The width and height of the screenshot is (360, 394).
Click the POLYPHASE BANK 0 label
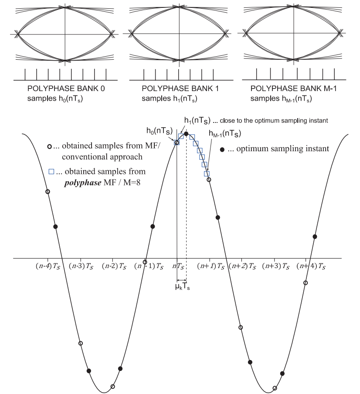click(66, 88)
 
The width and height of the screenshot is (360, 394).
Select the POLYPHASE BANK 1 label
click(180, 88)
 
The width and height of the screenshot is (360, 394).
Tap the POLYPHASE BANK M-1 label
click(293, 88)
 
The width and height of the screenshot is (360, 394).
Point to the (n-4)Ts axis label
click(48, 266)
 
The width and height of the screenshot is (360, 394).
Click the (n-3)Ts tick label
click(81, 266)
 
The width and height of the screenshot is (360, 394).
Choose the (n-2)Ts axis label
click(114, 266)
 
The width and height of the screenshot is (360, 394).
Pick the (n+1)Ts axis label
click(211, 266)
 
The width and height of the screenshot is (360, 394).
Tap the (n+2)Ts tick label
click(243, 266)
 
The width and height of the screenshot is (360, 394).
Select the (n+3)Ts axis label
click(275, 266)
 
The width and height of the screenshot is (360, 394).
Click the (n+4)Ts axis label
click(311, 266)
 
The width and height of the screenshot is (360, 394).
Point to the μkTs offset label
click(182, 287)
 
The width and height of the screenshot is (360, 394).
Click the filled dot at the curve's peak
click(186, 134)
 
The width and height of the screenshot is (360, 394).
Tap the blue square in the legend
click(51, 172)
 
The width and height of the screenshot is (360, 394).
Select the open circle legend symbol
click(50, 146)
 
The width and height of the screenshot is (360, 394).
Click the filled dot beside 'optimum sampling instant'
click(222, 150)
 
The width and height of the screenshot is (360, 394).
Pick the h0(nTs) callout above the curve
click(160, 131)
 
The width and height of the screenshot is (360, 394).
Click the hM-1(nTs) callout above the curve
click(225, 134)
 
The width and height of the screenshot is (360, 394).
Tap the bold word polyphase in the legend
click(83, 183)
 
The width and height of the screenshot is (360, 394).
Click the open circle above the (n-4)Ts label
click(48, 192)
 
